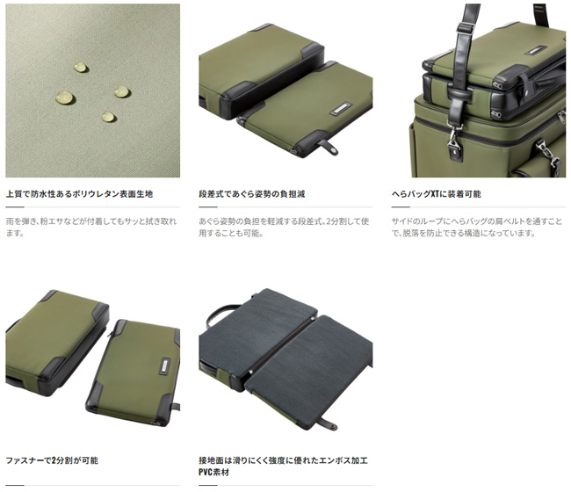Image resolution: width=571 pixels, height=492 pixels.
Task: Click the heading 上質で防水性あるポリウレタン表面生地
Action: coord(79,194)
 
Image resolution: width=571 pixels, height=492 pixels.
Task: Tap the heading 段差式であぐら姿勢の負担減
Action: coord(252,194)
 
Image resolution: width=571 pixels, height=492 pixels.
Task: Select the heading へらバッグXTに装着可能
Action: coord(437,194)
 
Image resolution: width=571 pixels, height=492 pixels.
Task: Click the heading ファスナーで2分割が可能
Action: coord(52,460)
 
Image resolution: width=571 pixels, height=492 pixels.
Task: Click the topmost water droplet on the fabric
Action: coord(81,68)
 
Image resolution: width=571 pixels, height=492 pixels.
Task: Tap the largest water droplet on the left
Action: coord(66,98)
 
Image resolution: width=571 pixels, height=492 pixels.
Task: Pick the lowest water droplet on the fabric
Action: coord(108,117)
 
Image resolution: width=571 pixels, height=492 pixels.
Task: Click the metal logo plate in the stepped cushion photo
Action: coord(341,109)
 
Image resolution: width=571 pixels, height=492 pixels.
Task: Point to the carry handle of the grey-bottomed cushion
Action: coord(223,314)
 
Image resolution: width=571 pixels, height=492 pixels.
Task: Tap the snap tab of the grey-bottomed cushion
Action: coord(329,424)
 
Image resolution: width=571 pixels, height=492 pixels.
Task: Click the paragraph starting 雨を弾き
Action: coord(91,227)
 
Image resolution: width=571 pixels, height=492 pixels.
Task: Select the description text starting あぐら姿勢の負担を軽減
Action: coord(284,227)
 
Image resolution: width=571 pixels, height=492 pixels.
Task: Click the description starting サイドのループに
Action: coord(477,227)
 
